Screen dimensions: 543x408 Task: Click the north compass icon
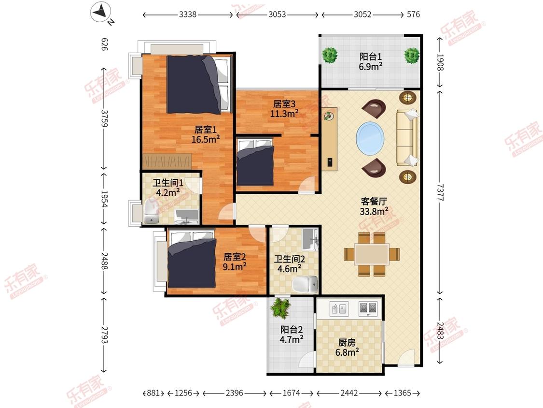[x=101, y=13]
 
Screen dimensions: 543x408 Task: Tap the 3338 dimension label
[x=188, y=14]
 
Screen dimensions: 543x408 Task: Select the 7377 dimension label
[x=440, y=192]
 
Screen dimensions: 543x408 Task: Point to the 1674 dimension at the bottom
[x=291, y=393]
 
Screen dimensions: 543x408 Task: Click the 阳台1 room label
[x=371, y=57]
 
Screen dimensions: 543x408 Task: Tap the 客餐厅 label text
[x=374, y=201]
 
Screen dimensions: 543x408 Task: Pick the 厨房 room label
[x=347, y=343]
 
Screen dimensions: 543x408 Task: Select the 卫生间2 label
[x=290, y=259]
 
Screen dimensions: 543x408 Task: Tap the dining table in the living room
[x=372, y=254]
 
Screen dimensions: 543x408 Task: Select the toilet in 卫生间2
[x=305, y=284]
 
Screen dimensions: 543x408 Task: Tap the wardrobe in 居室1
[x=167, y=161]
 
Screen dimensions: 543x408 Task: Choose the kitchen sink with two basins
[x=367, y=308]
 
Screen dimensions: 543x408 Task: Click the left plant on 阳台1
[x=330, y=55]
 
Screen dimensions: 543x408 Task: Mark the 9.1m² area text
[x=235, y=267]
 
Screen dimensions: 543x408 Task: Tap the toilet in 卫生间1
[x=151, y=211]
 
